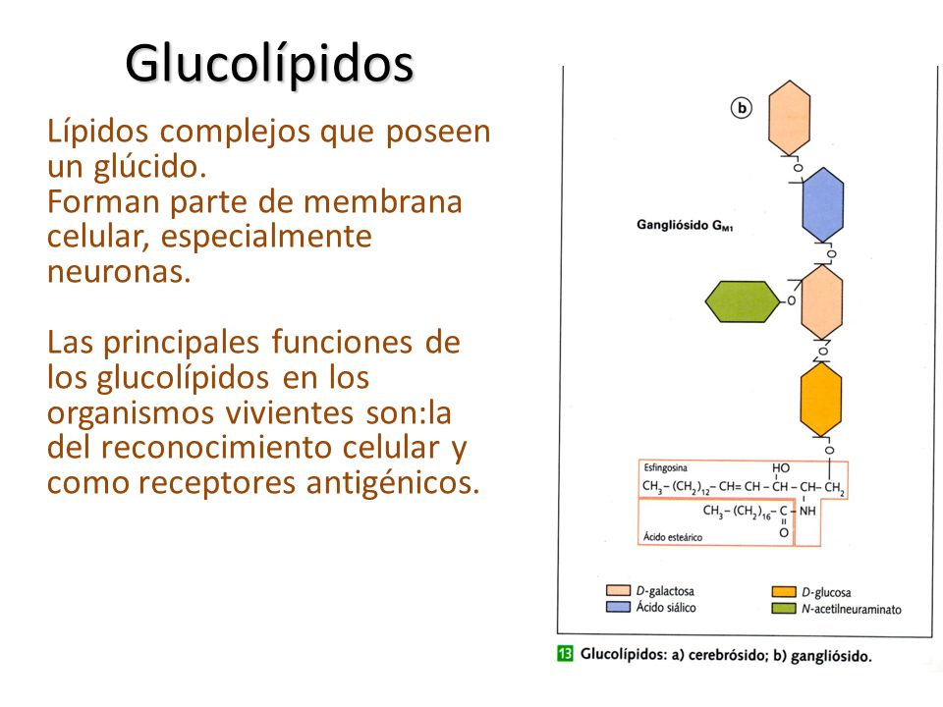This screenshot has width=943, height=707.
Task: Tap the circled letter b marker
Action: pyautogui.click(x=742, y=108)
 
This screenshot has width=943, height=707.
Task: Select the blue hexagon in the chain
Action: pyautogui.click(x=823, y=204)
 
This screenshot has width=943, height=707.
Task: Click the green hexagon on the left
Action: pyautogui.click(x=742, y=300)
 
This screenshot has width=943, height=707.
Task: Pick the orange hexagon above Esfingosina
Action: pyautogui.click(x=821, y=400)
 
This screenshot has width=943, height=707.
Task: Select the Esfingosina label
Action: pyautogui.click(x=667, y=467)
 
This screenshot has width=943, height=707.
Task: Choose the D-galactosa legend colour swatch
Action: pyautogui.click(x=617, y=591)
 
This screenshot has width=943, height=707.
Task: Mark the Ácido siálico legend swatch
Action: pyautogui.click(x=617, y=608)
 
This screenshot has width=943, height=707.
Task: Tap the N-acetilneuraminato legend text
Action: pyautogui.click(x=851, y=609)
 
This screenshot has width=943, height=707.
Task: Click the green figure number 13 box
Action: pyautogui.click(x=565, y=654)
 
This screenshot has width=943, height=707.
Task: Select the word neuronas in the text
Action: pyautogui.click(x=117, y=271)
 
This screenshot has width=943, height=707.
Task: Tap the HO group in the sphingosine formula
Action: pyautogui.click(x=781, y=468)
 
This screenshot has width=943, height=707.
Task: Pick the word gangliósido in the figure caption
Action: pyautogui.click(x=822, y=656)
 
